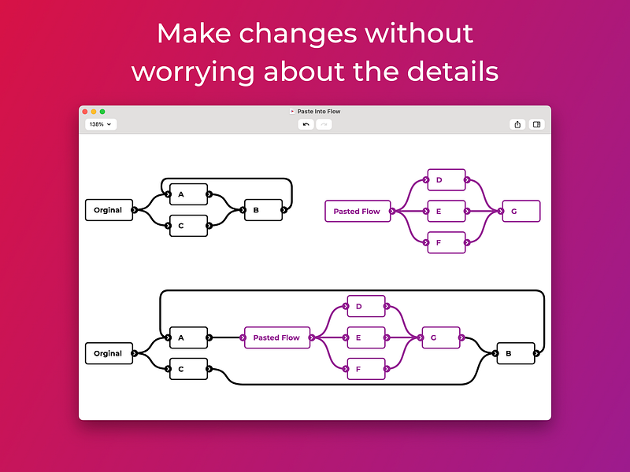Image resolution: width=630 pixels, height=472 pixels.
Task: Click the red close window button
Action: point(85,112)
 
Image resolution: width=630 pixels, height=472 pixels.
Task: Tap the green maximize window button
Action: point(102,112)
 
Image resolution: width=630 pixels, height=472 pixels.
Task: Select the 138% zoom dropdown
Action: point(101,124)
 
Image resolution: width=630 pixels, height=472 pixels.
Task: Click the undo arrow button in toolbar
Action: point(306,124)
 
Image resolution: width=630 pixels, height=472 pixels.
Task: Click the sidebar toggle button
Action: point(536,124)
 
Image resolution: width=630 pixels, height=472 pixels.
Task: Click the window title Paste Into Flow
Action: point(319,112)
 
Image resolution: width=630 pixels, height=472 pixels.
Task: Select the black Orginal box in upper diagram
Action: point(109,210)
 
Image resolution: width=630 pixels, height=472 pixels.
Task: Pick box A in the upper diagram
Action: point(188,194)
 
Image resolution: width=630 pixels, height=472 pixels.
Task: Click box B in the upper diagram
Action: point(263,210)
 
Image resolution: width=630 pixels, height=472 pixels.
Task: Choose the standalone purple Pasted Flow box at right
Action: point(358,211)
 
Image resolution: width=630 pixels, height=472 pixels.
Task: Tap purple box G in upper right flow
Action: point(521,211)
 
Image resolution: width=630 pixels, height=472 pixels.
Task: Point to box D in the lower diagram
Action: point(366,306)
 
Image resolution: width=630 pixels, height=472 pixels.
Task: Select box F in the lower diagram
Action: point(366,369)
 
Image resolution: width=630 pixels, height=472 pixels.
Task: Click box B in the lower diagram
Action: point(516,353)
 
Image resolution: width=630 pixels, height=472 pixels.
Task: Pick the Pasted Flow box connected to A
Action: point(277,337)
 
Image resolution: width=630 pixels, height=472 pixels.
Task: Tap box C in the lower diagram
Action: point(188,369)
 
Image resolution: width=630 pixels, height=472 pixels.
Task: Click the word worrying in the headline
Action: point(193,72)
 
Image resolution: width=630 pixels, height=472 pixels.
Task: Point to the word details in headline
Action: point(453,71)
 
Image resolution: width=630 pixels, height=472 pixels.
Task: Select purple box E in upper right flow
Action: point(447,211)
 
